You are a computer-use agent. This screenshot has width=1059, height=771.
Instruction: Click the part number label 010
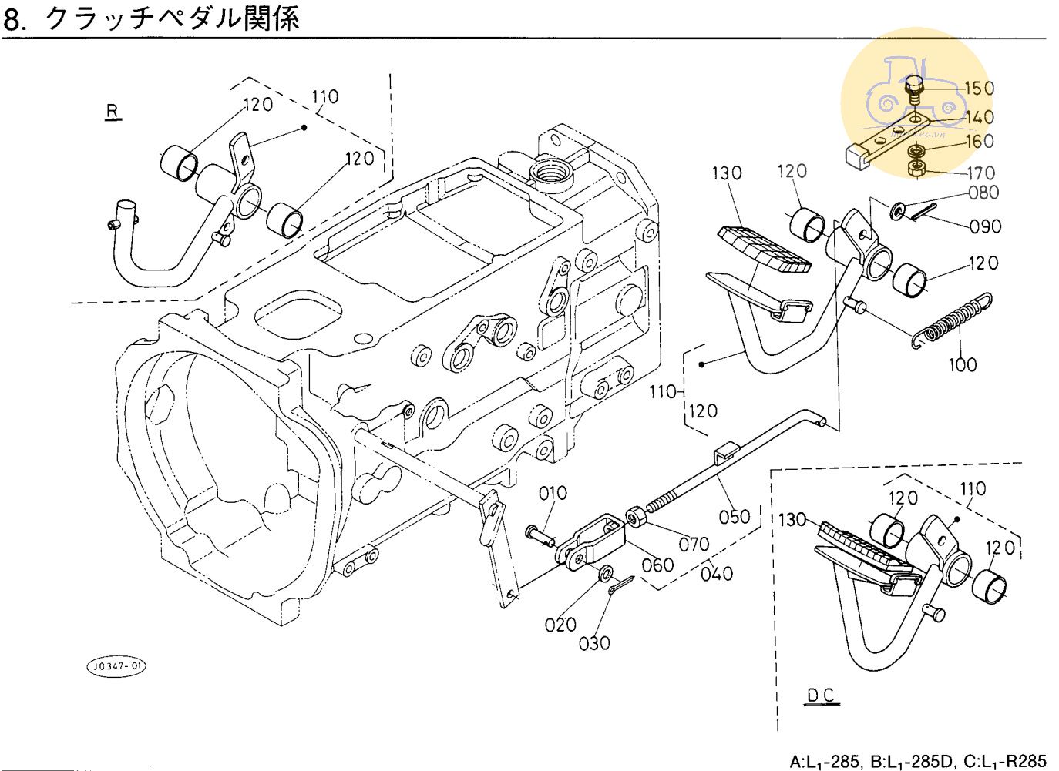pos(553,493)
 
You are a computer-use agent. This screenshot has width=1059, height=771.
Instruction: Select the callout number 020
pos(560,625)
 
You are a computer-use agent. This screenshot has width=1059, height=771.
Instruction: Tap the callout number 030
pos(594,642)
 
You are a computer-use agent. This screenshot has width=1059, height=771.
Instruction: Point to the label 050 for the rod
pos(734,516)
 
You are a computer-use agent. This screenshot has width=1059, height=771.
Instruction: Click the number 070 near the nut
pos(694,544)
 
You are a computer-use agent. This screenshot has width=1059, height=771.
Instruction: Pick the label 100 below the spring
pos(962,364)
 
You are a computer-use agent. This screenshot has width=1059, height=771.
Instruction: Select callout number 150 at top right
pos(980,89)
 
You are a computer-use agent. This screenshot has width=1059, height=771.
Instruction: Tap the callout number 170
pos(981,173)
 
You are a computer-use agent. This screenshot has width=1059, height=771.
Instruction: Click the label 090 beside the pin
pos(986,226)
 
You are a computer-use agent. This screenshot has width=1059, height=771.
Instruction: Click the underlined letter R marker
pos(113,112)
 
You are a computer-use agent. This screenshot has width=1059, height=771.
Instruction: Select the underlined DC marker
pos(821,696)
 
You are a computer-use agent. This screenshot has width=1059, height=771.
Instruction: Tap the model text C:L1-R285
pos(1001,762)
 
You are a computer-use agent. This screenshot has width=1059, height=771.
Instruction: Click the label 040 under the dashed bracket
pos(717,573)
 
